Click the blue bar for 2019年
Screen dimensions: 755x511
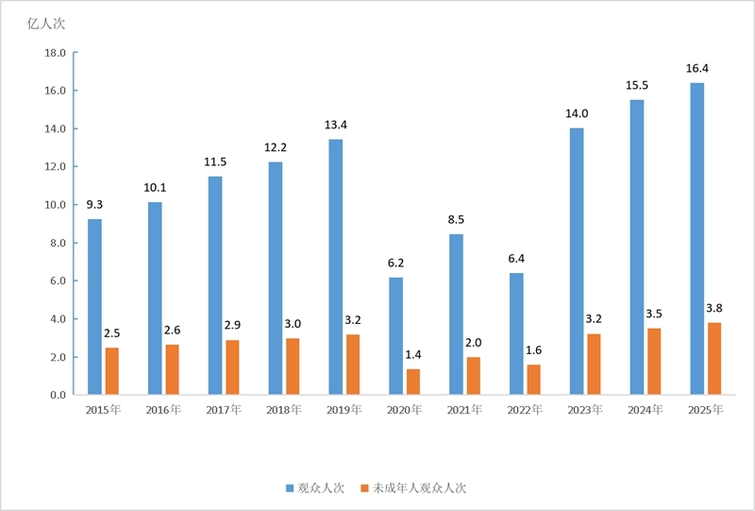click(x=336, y=267)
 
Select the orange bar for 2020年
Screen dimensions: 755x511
click(x=413, y=382)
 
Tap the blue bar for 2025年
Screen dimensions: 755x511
click(x=696, y=239)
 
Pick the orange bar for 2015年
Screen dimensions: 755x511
click(x=111, y=371)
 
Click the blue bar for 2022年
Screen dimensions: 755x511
click(x=516, y=334)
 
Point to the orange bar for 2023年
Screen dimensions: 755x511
click(x=594, y=365)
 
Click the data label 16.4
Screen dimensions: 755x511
click(x=697, y=68)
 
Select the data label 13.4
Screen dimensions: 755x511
click(x=336, y=125)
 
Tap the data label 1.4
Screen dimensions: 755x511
click(x=413, y=355)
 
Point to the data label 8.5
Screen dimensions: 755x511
click(x=456, y=220)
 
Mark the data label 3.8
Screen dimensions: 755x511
click(x=714, y=308)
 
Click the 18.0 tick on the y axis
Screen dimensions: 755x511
click(x=55, y=53)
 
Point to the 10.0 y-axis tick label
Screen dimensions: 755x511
click(x=55, y=205)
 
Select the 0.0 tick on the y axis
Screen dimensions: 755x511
click(x=58, y=396)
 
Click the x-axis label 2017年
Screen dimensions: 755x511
click(x=224, y=410)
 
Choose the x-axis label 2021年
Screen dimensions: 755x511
click(x=464, y=410)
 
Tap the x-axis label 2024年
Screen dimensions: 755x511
click(x=646, y=410)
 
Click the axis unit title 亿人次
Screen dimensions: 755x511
click(x=45, y=25)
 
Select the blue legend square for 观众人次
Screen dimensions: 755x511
click(x=290, y=488)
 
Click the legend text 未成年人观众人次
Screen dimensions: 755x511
click(x=419, y=488)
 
